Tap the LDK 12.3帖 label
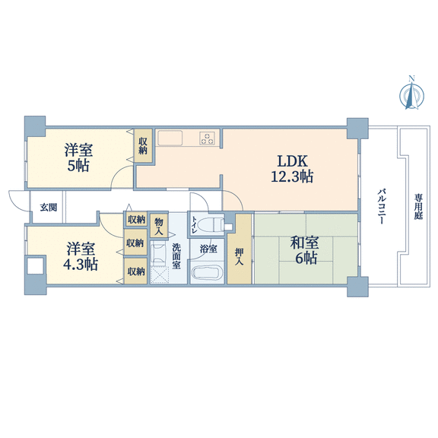(292, 169)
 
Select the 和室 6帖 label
(304, 250)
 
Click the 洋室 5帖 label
(78, 157)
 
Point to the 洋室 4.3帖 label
(81, 256)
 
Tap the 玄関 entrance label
(49, 208)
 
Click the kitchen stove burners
(207, 138)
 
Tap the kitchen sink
(170, 138)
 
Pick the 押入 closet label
(239, 256)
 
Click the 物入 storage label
(159, 227)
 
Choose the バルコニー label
(382, 206)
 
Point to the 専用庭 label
(418, 207)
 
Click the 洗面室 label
(176, 256)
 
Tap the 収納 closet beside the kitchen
(143, 145)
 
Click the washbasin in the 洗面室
(158, 253)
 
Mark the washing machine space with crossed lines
(160, 275)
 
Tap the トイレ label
(194, 225)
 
